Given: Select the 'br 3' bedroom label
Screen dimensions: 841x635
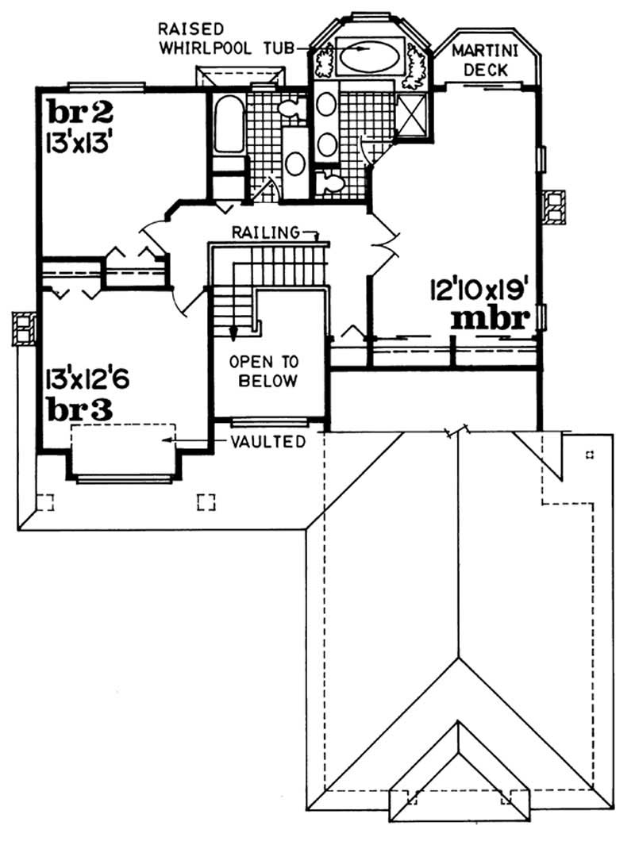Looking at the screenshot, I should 78,410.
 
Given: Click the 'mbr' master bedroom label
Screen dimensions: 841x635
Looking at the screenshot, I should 490,319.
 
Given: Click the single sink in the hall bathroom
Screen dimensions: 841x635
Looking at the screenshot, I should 296,163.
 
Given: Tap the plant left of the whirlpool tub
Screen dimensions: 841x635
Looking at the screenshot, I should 324,60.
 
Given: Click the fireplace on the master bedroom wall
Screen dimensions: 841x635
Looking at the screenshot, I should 553,206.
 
